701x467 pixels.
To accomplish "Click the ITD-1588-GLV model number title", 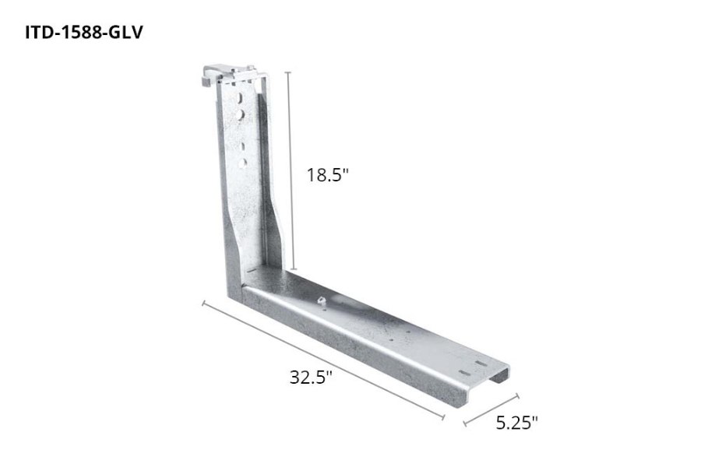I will (73, 33).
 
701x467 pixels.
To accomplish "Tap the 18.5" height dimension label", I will (326, 175).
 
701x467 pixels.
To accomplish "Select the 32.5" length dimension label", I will (311, 377).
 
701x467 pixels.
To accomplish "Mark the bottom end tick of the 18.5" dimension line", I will (293, 269).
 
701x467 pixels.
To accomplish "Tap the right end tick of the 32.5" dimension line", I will (443, 419).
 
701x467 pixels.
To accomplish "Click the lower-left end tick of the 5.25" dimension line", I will (465, 425).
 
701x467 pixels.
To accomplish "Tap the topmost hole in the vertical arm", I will (244, 99).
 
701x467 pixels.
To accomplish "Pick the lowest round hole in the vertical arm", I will (245, 163).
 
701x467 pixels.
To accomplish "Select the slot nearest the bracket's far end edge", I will (478, 363).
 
